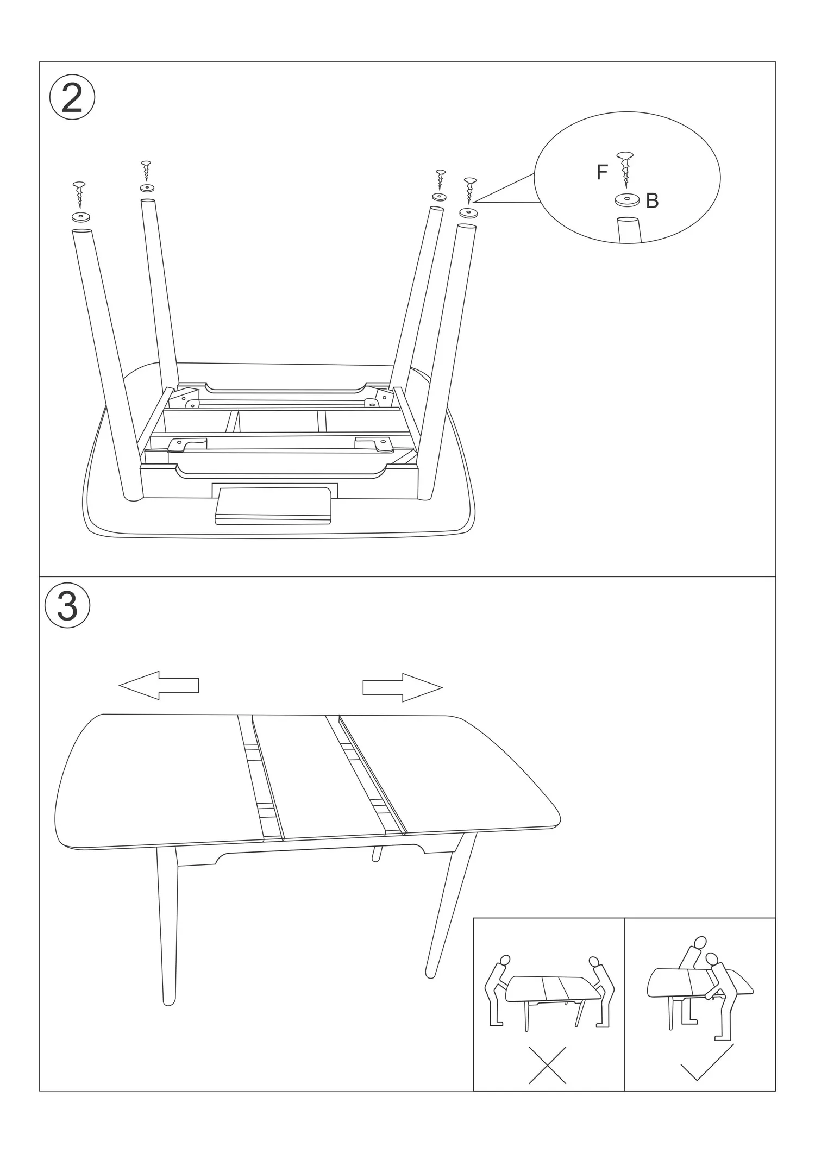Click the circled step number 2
pyautogui.click(x=72, y=98)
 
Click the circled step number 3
pyautogui.click(x=67, y=605)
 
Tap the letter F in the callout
pyautogui.click(x=601, y=172)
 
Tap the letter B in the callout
pyautogui.click(x=652, y=201)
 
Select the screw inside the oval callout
pyautogui.click(x=625, y=169)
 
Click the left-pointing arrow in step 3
pyautogui.click(x=159, y=685)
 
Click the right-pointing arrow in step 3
pyautogui.click(x=403, y=687)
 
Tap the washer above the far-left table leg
pyautogui.click(x=80, y=217)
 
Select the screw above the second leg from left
pyautogui.click(x=145, y=171)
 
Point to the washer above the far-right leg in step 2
pyautogui.click(x=468, y=212)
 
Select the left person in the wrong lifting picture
pyautogui.click(x=498, y=991)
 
